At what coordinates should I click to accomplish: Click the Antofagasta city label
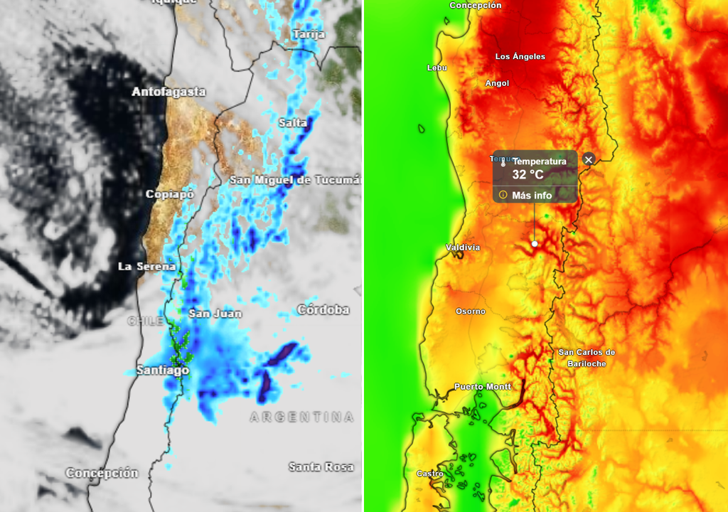[x=168, y=92]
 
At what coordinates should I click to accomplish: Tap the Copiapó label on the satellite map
[x=170, y=194]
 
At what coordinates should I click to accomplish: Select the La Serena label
[x=146, y=266]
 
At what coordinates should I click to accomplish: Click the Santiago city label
[x=163, y=370]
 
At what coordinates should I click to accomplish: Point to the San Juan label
[x=215, y=314]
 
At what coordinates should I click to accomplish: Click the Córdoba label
[x=323, y=309]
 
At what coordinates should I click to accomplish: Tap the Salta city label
[x=293, y=122]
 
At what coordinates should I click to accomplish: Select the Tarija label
[x=309, y=34]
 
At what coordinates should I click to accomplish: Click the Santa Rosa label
[x=321, y=467]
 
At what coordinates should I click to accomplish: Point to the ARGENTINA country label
[x=301, y=417]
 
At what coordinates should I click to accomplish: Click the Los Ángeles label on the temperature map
[x=520, y=56]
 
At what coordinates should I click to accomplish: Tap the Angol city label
[x=497, y=83]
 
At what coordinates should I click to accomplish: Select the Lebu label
[x=437, y=68]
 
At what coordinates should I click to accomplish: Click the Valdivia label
[x=463, y=247]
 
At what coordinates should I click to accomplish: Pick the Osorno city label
[x=471, y=311]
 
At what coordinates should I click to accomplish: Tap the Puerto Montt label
[x=483, y=387]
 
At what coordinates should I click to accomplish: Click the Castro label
[x=430, y=474]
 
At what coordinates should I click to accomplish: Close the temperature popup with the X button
[x=588, y=159]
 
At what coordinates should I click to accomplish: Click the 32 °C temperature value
[x=528, y=174]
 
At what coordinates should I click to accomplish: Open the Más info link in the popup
[x=532, y=195]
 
